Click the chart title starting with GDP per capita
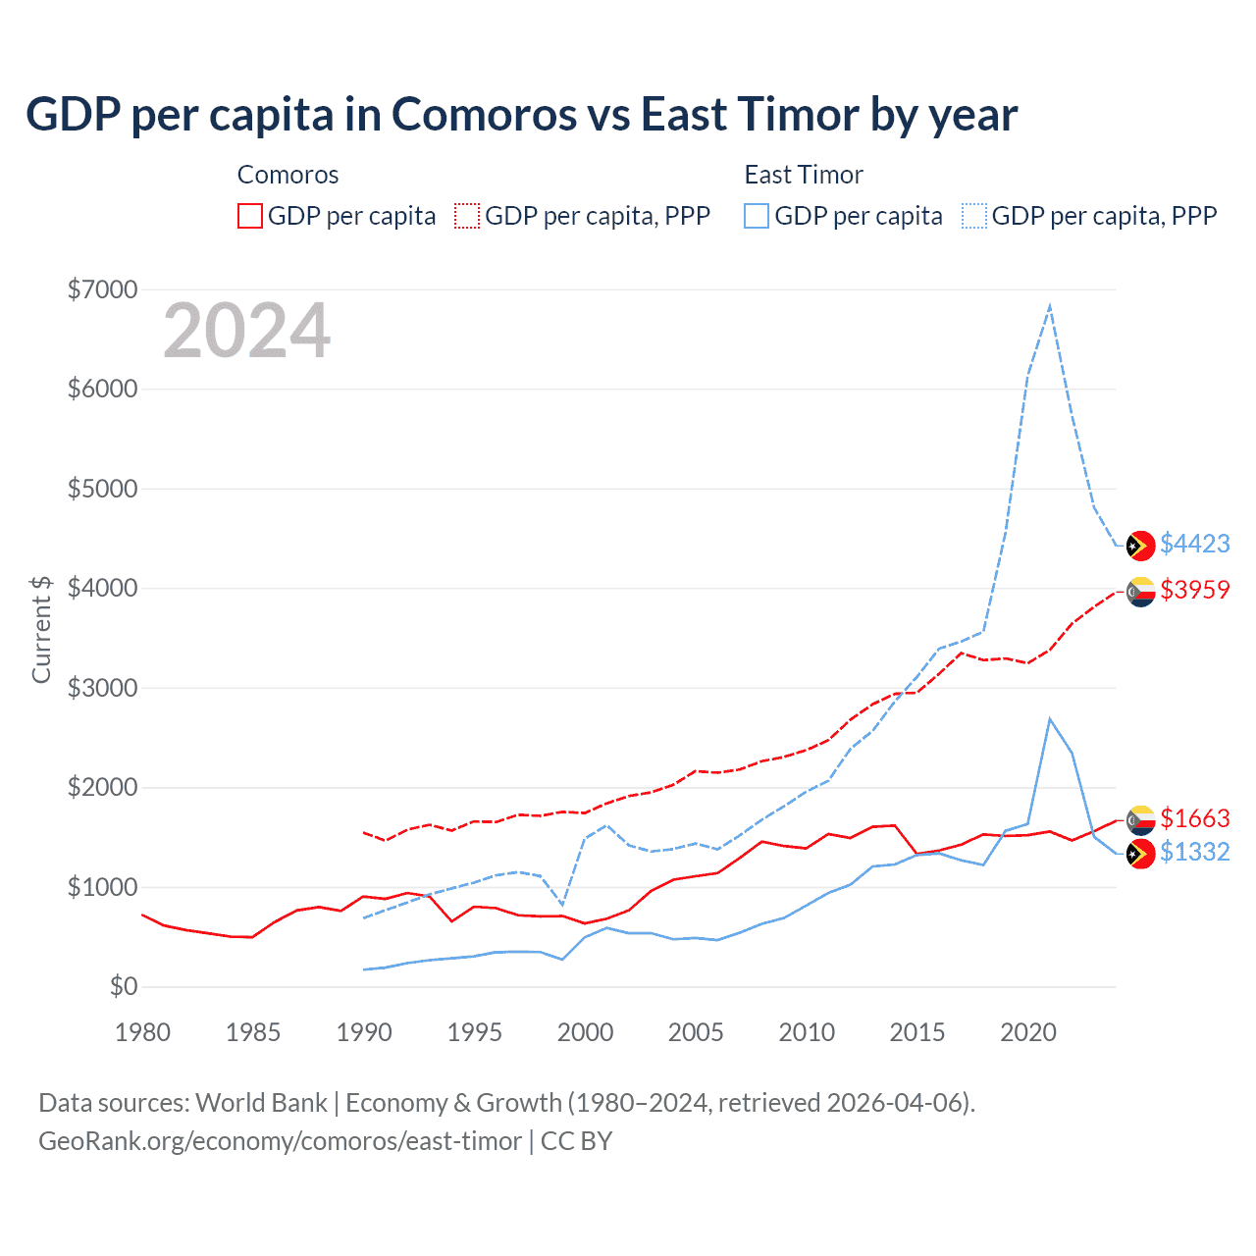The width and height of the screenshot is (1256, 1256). pyautogui.click(x=521, y=115)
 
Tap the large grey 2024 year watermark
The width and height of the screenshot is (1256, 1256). pyautogui.click(x=246, y=332)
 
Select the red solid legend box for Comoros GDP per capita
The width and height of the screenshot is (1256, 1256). pyautogui.click(x=250, y=216)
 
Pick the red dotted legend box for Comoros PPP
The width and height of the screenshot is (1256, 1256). pyautogui.click(x=467, y=216)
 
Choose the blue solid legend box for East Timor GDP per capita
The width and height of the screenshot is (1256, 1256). pyautogui.click(x=757, y=216)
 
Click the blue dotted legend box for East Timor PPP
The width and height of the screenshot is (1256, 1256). pyautogui.click(x=974, y=216)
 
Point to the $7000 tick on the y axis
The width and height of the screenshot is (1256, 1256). pyautogui.click(x=102, y=289)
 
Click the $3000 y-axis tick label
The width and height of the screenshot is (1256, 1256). pyautogui.click(x=102, y=688)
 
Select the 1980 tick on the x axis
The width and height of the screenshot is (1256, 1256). pyautogui.click(x=143, y=1032)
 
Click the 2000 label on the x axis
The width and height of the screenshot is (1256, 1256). pyautogui.click(x=586, y=1032)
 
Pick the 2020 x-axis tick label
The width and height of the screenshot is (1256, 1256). pyautogui.click(x=1028, y=1032)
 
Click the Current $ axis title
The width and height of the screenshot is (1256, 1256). pyautogui.click(x=41, y=629)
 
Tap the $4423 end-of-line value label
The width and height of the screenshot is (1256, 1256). pyautogui.click(x=1194, y=544)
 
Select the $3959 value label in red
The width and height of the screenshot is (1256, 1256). pyautogui.click(x=1194, y=590)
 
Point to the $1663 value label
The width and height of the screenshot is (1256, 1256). pyautogui.click(x=1194, y=818)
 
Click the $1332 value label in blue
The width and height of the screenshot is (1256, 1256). pyautogui.click(x=1194, y=852)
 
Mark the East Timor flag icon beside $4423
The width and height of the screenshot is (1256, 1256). pyautogui.click(x=1140, y=546)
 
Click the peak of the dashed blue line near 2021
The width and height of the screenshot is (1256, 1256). pyautogui.click(x=1050, y=306)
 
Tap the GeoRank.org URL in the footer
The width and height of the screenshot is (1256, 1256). pyautogui.click(x=280, y=1141)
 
